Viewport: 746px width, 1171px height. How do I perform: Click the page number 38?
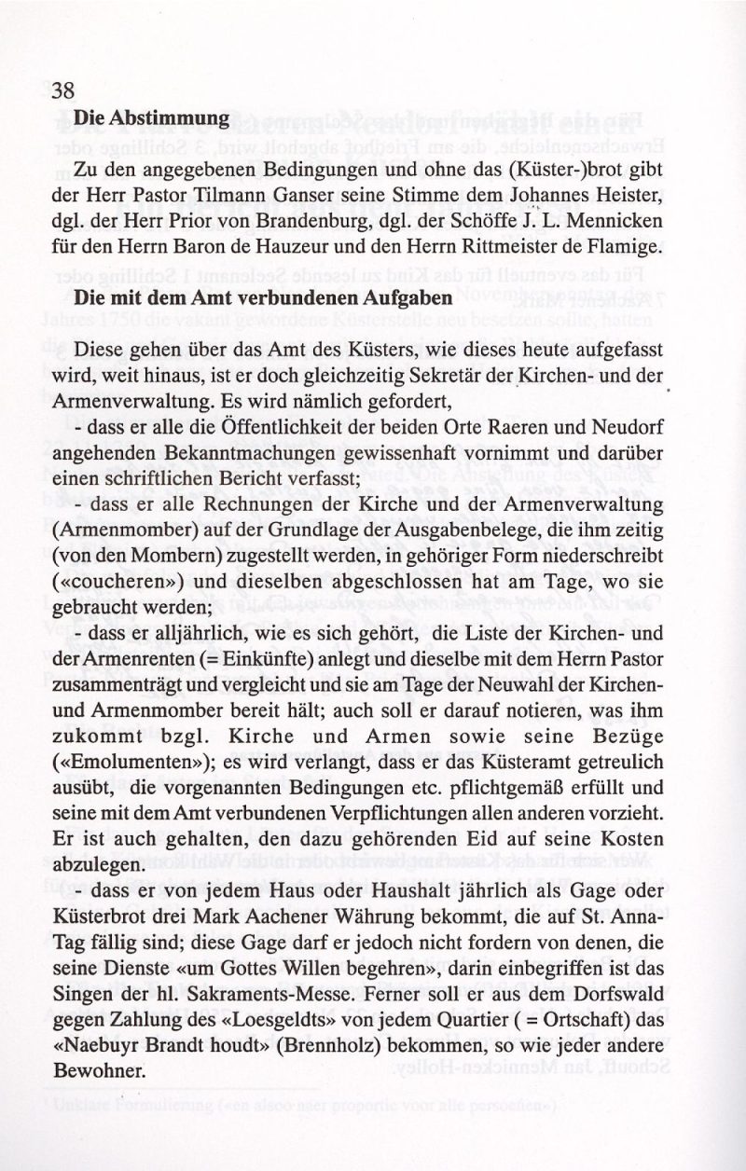coord(63,90)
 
